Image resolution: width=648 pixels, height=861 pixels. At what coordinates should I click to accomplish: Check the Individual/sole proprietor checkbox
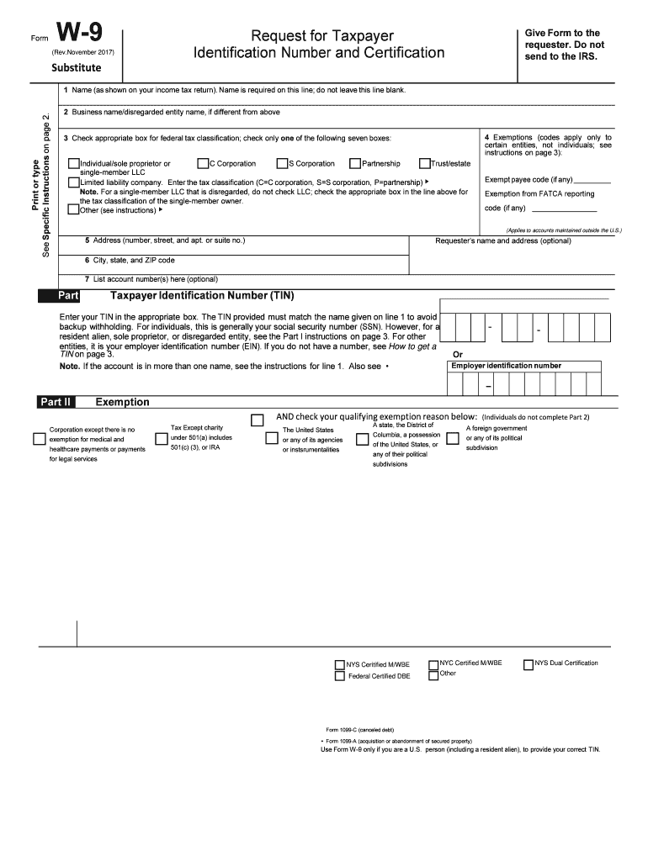(x=74, y=164)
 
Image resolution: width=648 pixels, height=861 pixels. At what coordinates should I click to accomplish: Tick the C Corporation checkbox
(x=203, y=164)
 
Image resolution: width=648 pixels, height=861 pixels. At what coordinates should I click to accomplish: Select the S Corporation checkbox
(x=282, y=164)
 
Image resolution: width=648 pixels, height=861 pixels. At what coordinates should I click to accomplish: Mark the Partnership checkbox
(x=355, y=164)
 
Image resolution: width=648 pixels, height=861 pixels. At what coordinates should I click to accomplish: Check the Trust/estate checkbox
(x=424, y=164)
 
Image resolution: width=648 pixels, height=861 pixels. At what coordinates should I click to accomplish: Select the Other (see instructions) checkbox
(x=72, y=210)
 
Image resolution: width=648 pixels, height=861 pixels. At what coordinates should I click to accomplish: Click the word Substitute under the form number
(x=77, y=67)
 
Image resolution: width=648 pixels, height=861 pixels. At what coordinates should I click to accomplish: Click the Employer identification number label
(x=506, y=366)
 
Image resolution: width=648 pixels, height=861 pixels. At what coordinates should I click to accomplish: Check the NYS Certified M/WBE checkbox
(x=340, y=664)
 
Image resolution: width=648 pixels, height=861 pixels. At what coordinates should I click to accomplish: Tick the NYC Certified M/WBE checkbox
(x=433, y=664)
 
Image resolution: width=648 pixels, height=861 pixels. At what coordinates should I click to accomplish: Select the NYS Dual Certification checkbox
(x=528, y=663)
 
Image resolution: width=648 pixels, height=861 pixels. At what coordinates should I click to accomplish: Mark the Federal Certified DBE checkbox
(x=340, y=677)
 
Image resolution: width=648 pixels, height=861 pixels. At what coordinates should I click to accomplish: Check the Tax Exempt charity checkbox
(x=162, y=438)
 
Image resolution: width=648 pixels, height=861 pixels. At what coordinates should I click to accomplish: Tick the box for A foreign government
(x=453, y=438)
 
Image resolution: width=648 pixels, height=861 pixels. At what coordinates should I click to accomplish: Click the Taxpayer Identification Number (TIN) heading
(x=202, y=296)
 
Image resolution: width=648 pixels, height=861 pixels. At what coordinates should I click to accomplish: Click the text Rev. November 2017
(x=82, y=53)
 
